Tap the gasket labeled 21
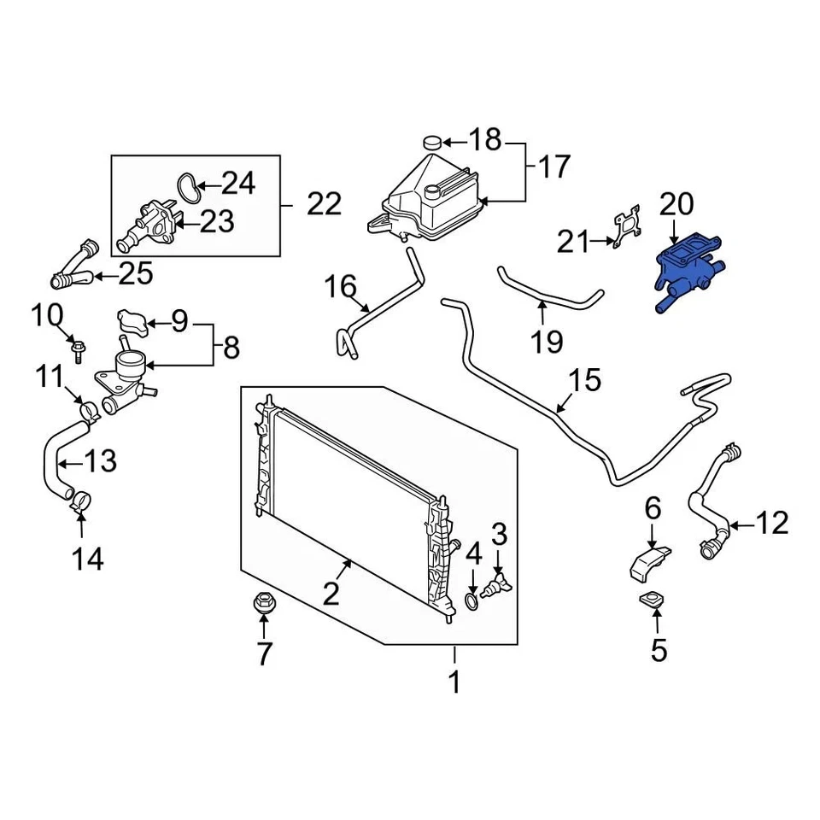pyautogui.click(x=628, y=228)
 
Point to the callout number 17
pyautogui.click(x=553, y=167)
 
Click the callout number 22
pyautogui.click(x=324, y=203)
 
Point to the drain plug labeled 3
pyautogui.click(x=496, y=588)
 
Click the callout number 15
pyautogui.click(x=585, y=381)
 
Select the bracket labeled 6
pyautogui.click(x=647, y=565)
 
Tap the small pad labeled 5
pyautogui.click(x=653, y=601)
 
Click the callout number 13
pyautogui.click(x=100, y=462)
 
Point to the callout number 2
pyautogui.click(x=331, y=591)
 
